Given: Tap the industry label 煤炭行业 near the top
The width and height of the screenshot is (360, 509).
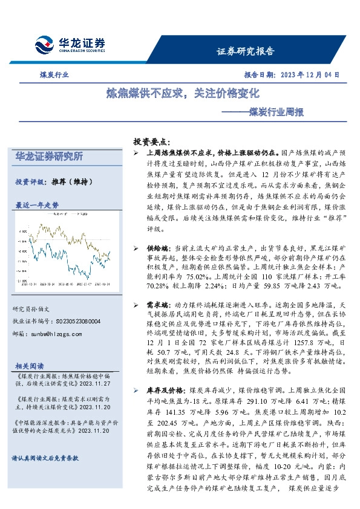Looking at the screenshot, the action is pos(50,75).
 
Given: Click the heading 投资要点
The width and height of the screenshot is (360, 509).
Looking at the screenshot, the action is pos(152,141).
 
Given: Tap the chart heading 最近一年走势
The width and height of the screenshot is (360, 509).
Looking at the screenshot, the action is pos(38,206).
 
